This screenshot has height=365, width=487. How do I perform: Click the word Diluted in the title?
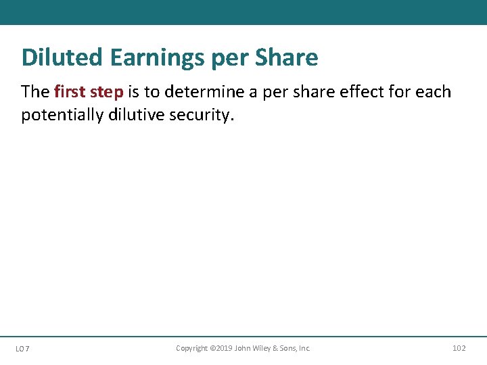tap(60, 57)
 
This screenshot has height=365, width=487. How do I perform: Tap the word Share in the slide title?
tap(286, 57)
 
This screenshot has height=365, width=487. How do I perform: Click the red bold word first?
tap(70, 92)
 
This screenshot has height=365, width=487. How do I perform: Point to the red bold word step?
tap(108, 92)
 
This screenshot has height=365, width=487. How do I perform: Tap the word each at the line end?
tap(434, 92)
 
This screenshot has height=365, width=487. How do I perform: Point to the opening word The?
tap(35, 92)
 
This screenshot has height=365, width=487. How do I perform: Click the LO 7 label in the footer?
tap(22, 349)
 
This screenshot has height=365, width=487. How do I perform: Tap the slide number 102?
tap(459, 348)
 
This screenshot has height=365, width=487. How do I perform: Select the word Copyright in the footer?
tap(192, 348)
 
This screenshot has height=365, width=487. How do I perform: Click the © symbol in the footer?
tap(212, 348)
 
